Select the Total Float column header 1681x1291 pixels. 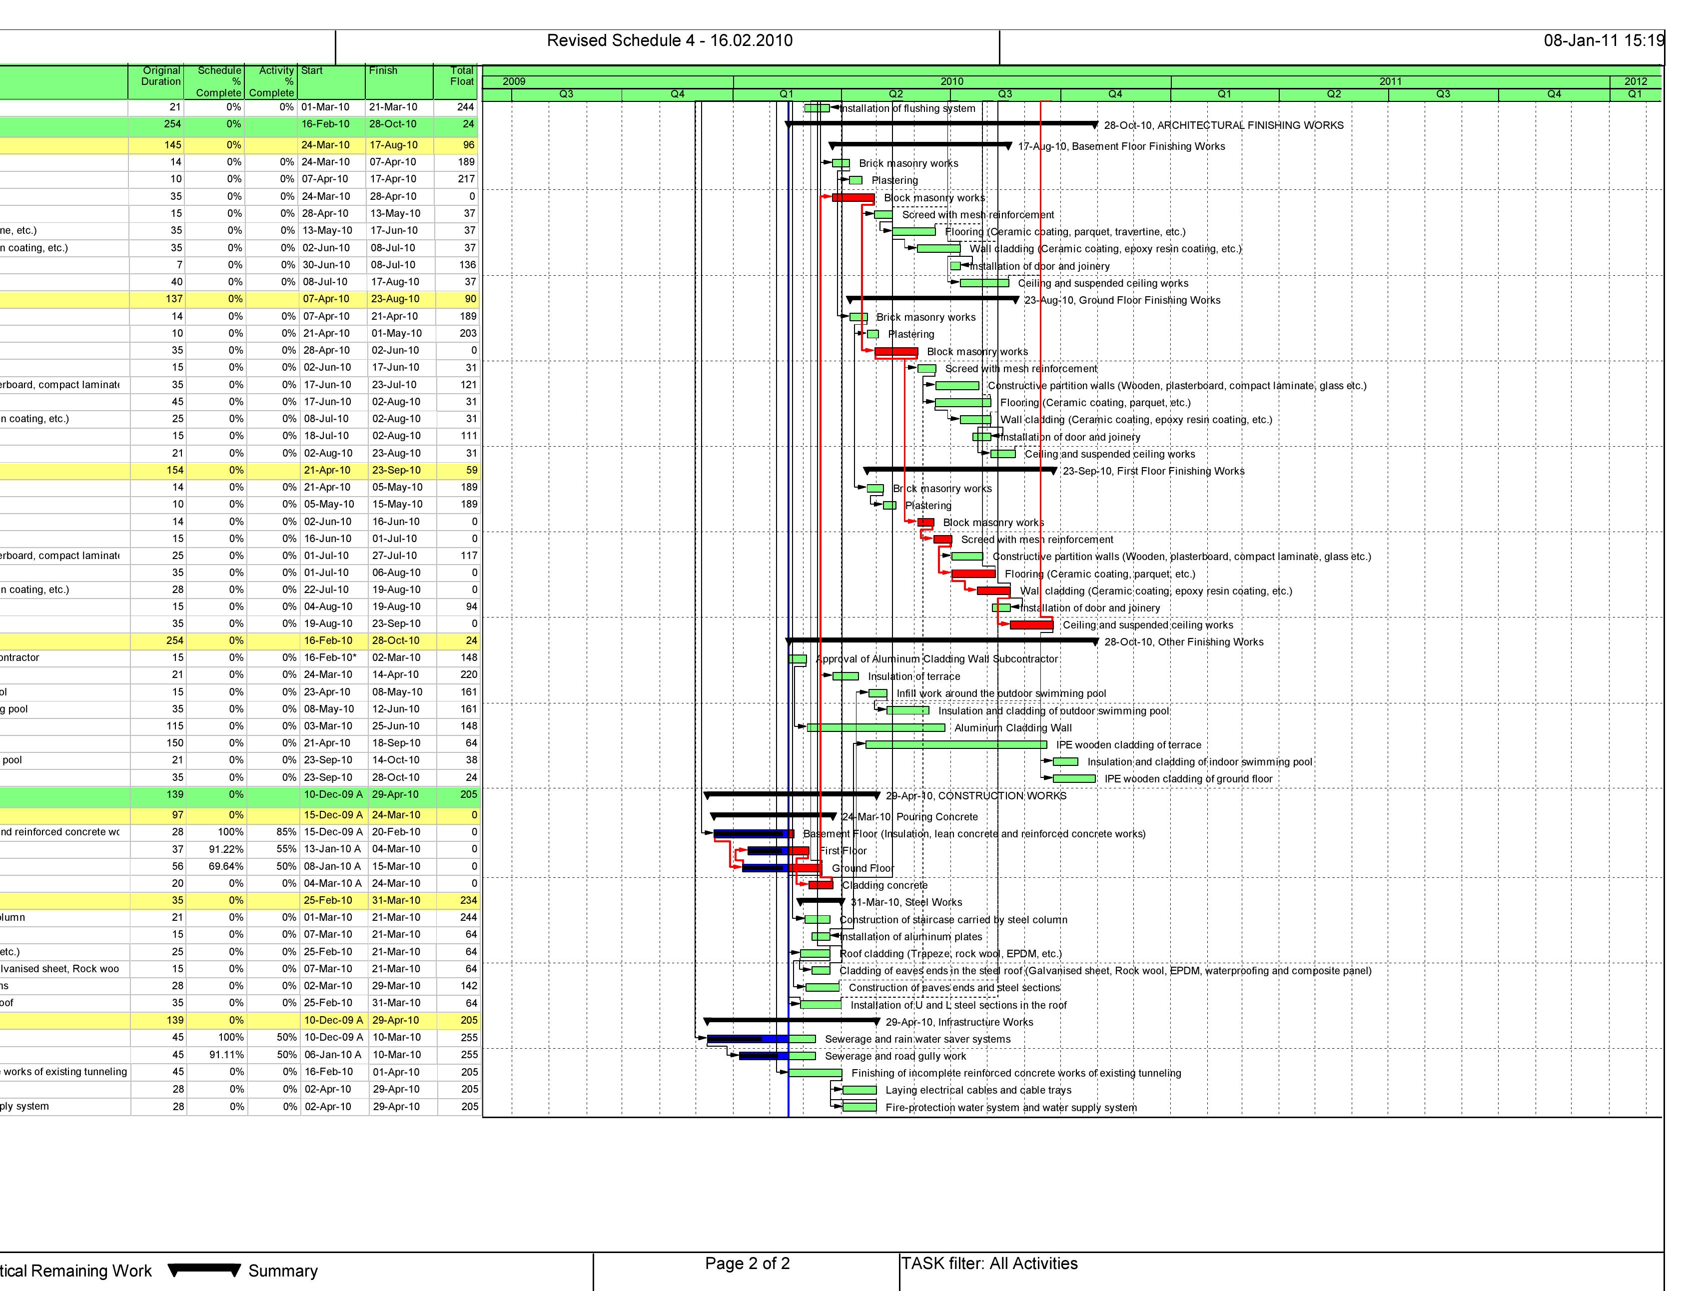pyautogui.click(x=461, y=76)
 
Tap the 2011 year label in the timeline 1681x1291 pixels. pyautogui.click(x=1390, y=81)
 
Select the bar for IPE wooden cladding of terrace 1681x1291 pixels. pyautogui.click(x=955, y=744)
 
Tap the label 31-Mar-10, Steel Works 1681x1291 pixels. pyautogui.click(x=906, y=902)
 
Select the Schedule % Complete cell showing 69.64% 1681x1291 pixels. pyautogui.click(x=226, y=866)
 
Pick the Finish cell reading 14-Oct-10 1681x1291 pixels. pyautogui.click(x=396, y=760)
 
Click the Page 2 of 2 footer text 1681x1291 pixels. pyautogui.click(x=747, y=1264)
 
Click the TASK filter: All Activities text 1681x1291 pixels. pyautogui.click(x=989, y=1264)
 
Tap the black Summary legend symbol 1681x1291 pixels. pyautogui.click(x=204, y=1270)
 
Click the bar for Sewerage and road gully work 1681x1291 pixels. pyautogui.click(x=777, y=1056)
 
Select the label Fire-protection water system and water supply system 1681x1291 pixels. pyautogui.click(x=1011, y=1107)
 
